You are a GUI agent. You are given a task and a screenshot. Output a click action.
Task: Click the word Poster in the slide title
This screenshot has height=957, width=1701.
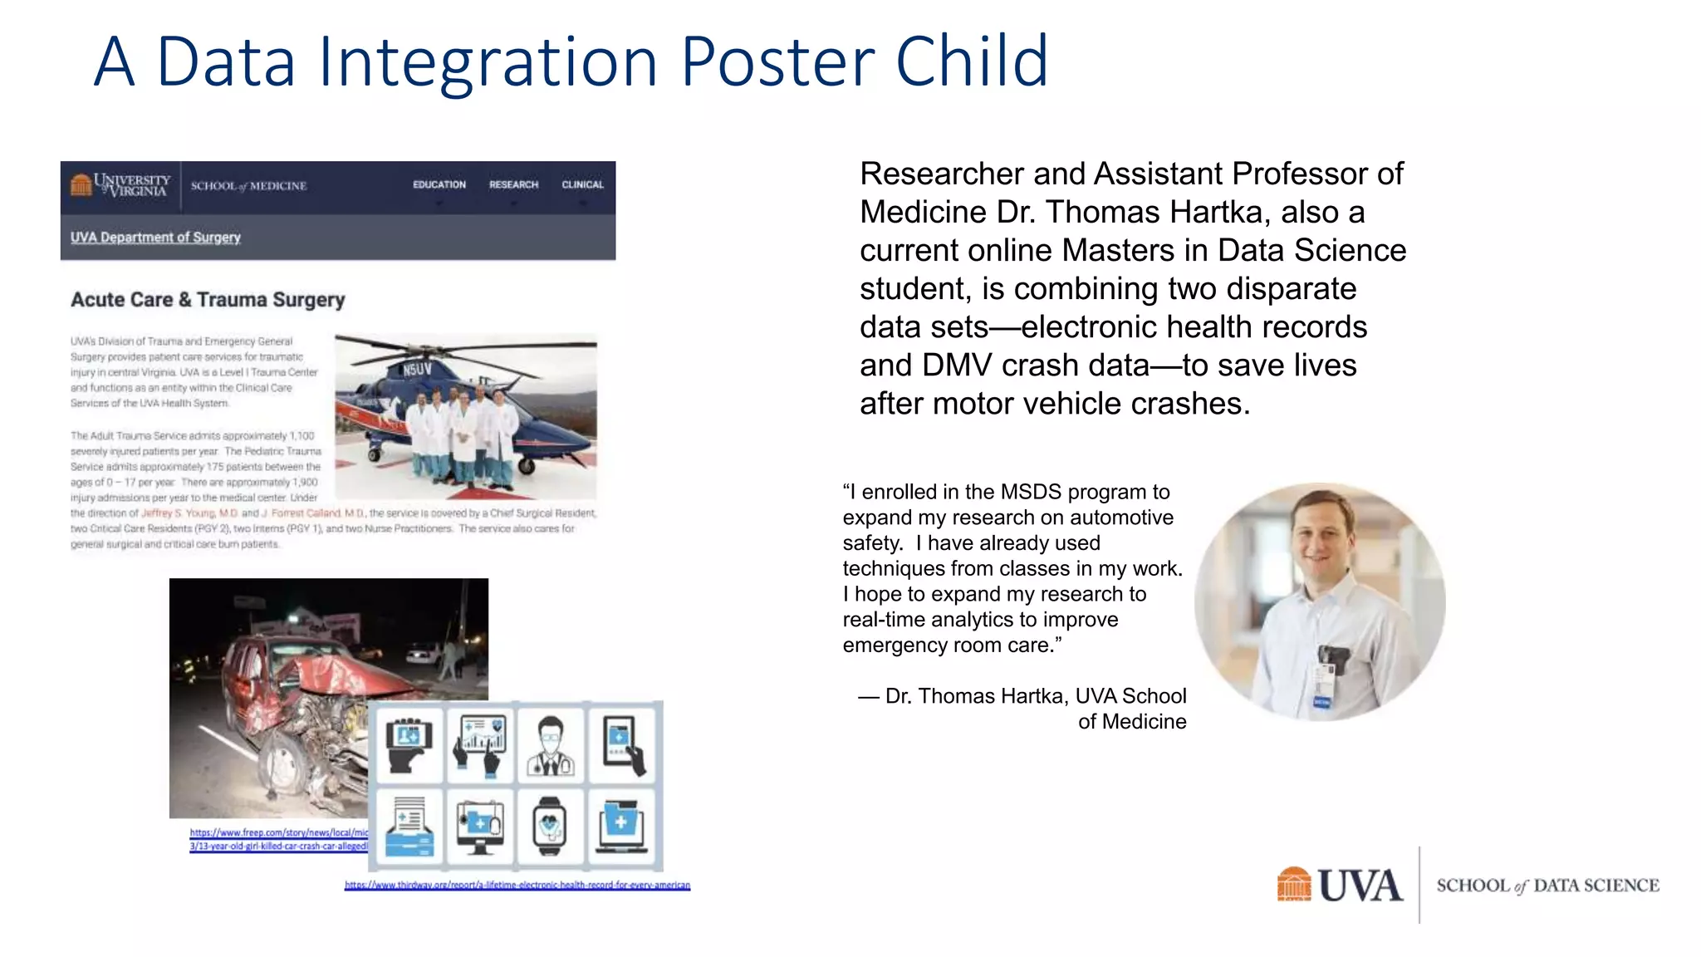[777, 62]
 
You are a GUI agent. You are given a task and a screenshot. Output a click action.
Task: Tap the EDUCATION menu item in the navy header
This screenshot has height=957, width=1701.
[439, 184]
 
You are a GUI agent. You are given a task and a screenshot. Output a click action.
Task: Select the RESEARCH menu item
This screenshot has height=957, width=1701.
[513, 184]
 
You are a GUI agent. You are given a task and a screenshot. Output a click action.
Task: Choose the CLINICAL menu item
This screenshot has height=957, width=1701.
[582, 184]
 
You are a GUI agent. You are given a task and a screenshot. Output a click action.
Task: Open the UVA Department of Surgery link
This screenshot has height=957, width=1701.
[155, 238]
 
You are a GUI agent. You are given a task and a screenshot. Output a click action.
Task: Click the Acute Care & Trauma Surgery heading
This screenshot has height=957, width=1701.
[208, 300]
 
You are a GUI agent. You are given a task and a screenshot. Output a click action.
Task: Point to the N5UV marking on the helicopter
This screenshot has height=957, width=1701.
[417, 370]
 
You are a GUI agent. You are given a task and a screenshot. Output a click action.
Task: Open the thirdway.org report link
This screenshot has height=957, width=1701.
[517, 886]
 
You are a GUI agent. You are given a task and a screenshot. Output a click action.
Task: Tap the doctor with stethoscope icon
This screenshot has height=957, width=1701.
[551, 745]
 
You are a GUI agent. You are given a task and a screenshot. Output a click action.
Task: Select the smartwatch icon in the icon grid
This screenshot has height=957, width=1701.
[550, 826]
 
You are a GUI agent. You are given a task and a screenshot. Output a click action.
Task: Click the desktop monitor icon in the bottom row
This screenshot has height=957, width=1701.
[480, 826]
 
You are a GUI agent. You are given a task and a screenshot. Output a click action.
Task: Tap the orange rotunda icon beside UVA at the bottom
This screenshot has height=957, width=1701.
[1293, 885]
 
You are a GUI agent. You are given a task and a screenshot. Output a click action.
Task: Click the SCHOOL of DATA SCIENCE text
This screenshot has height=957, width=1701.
[1547, 886]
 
